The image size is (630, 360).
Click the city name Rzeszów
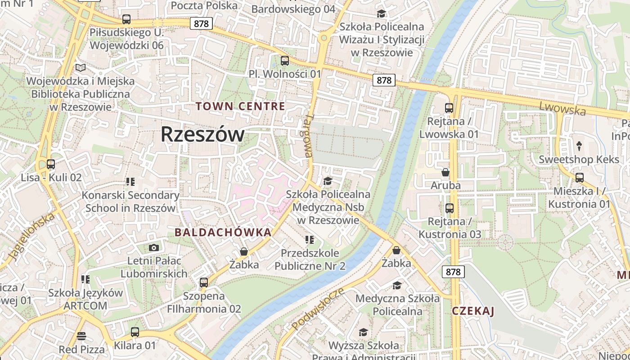pyautogui.click(x=202, y=134)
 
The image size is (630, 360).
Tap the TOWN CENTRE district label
pyautogui.click(x=240, y=107)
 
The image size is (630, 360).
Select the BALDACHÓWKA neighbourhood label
pyautogui.click(x=223, y=232)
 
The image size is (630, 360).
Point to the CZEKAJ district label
pyautogui.click(x=473, y=311)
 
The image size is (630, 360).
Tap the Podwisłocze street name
pyautogui.click(x=318, y=308)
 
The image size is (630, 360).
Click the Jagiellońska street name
pyautogui.click(x=31, y=236)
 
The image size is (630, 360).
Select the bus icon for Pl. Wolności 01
pyautogui.click(x=284, y=60)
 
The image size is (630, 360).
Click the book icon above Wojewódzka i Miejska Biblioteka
pyautogui.click(x=81, y=67)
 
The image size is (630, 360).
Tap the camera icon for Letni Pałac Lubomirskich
pyautogui.click(x=154, y=247)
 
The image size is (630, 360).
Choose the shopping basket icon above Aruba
pyautogui.click(x=445, y=172)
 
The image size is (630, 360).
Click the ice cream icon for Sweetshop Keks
pyautogui.click(x=579, y=146)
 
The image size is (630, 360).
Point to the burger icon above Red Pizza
pyautogui.click(x=81, y=336)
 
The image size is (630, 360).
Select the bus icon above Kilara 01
pyautogui.click(x=135, y=332)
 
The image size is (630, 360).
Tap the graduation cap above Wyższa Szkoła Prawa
pyautogui.click(x=363, y=332)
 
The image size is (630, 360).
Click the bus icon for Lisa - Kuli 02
pyautogui.click(x=51, y=164)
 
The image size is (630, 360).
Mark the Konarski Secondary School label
pyautogui.click(x=130, y=202)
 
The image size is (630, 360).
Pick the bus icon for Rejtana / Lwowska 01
pyautogui.click(x=449, y=108)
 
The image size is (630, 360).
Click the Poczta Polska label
pyautogui.click(x=204, y=5)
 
